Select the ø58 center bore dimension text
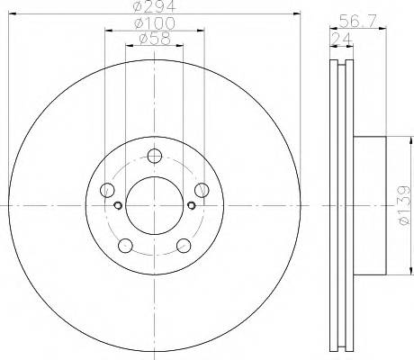(x=153, y=38)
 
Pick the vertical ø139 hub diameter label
(x=403, y=206)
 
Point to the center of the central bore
(x=153, y=204)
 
